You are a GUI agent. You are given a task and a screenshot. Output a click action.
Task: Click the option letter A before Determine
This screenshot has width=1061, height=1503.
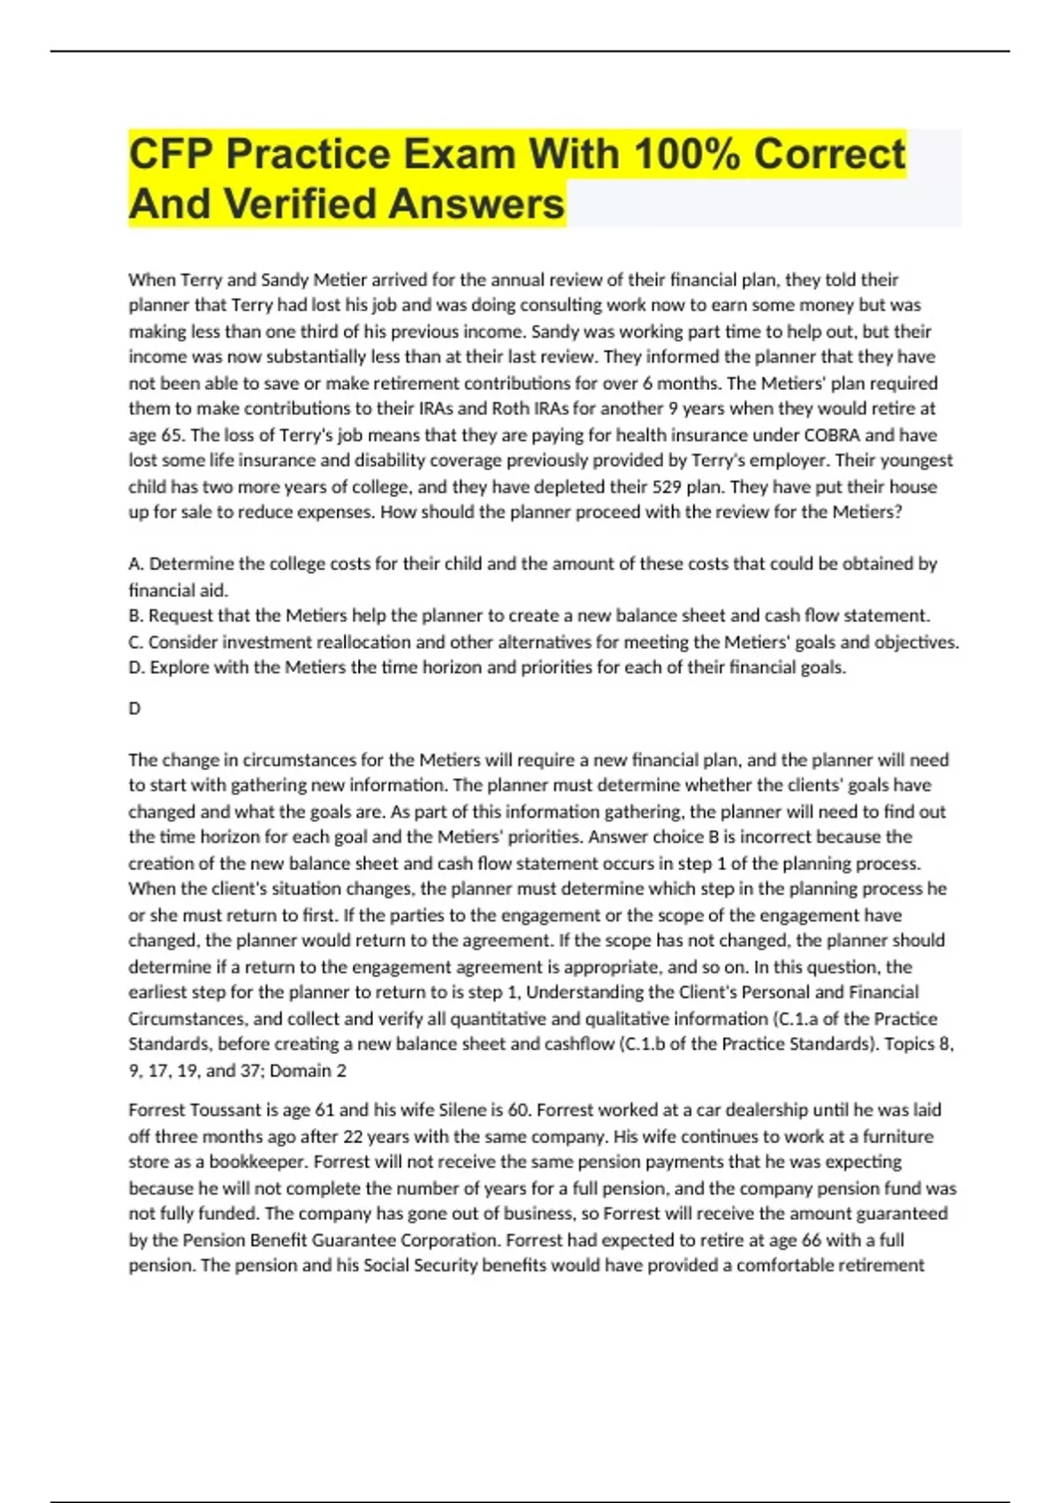(135, 564)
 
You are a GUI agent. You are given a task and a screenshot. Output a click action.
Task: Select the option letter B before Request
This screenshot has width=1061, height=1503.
(135, 615)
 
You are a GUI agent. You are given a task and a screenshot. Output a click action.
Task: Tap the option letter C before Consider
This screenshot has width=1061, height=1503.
(135, 642)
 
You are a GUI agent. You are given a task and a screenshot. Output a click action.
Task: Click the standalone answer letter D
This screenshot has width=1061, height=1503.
(134, 708)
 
